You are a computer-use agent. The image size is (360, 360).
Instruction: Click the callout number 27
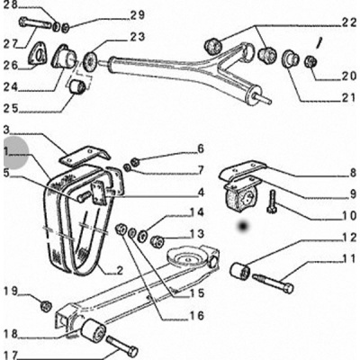[12, 44]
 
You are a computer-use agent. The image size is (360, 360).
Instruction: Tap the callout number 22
[348, 24]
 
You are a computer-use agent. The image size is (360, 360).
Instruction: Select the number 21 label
[348, 98]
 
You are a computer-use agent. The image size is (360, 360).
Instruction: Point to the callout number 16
[196, 316]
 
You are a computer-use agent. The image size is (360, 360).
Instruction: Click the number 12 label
[349, 238]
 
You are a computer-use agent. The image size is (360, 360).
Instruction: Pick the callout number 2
[120, 271]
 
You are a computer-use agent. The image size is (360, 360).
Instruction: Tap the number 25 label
[11, 109]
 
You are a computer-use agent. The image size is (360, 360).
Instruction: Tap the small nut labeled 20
[310, 62]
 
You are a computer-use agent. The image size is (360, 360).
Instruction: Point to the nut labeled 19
[46, 305]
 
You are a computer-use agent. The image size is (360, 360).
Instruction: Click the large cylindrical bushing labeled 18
[93, 332]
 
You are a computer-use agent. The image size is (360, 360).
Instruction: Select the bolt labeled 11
[273, 283]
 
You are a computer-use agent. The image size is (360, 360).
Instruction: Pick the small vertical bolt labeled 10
[272, 202]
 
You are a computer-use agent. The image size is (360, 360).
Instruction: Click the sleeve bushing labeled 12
[240, 271]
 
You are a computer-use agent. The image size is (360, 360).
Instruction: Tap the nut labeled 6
[135, 162]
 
